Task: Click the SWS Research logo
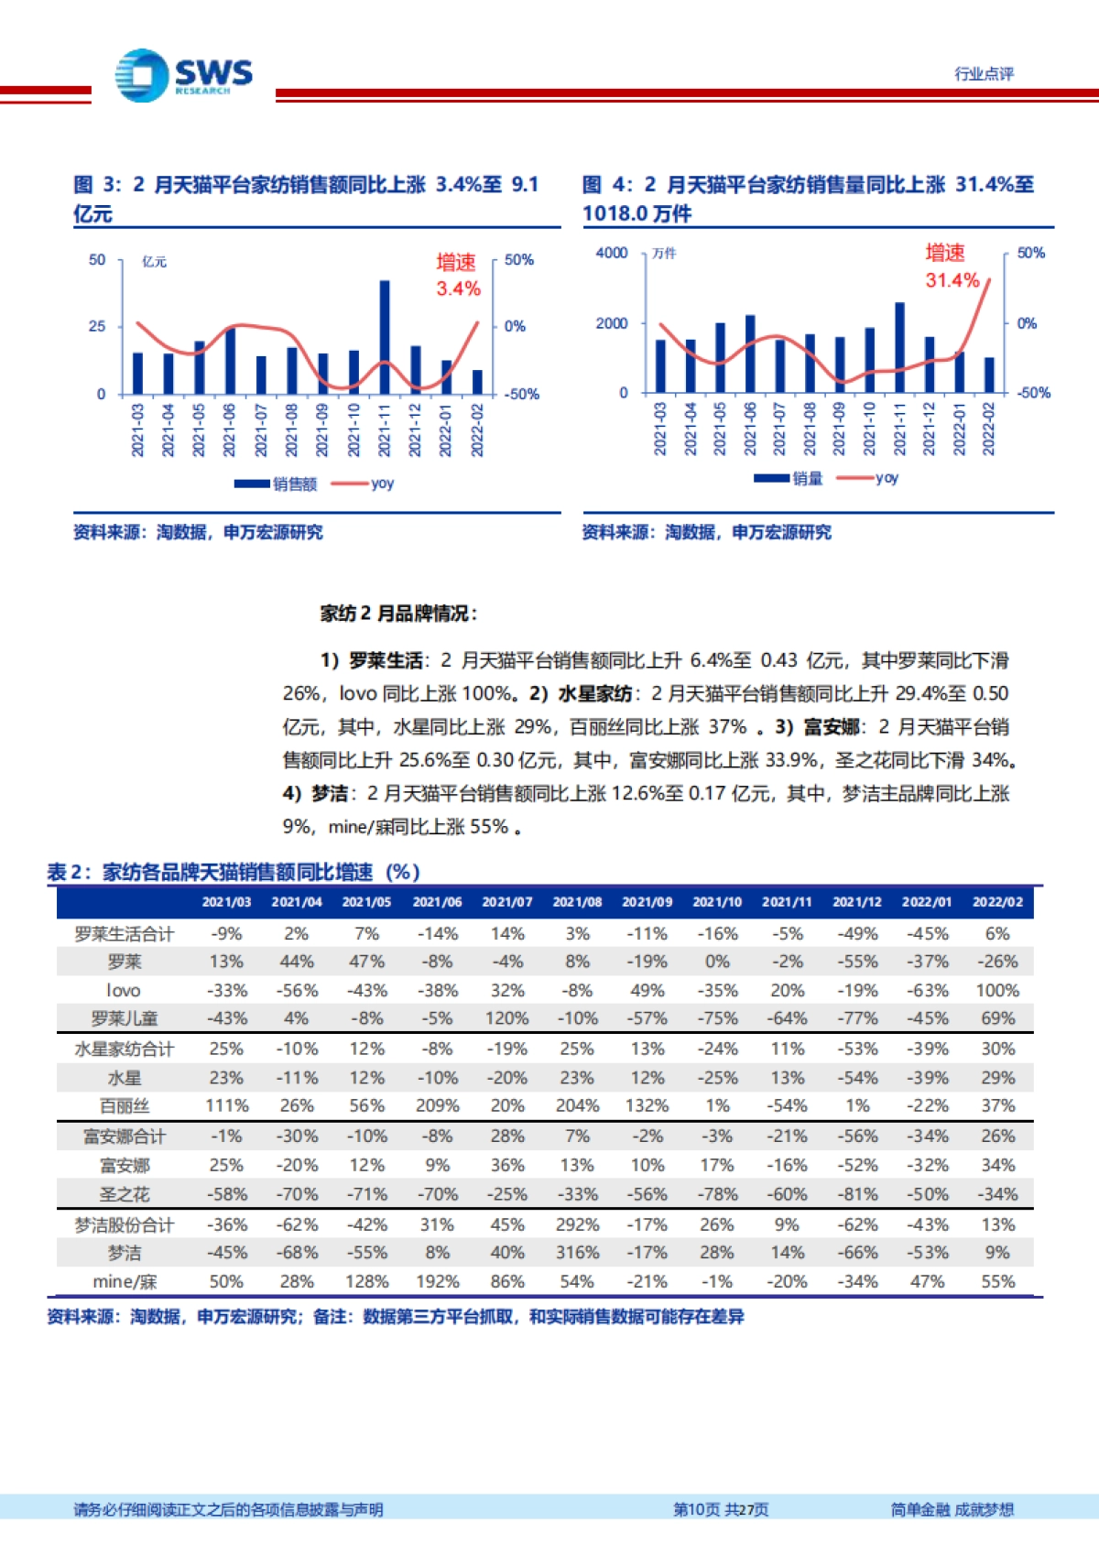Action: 184,75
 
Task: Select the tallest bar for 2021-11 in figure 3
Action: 385,336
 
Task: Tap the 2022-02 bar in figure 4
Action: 989,375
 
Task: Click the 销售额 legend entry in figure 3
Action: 276,484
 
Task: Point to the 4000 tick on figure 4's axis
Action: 612,253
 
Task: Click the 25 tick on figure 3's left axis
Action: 97,326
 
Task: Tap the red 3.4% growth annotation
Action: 458,288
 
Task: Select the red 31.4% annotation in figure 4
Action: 952,280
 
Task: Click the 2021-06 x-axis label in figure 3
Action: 229,430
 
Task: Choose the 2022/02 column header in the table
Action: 997,902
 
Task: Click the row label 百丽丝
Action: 124,1106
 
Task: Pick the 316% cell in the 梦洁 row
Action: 577,1253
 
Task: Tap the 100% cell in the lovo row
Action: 997,991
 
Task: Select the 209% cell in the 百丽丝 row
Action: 437,1106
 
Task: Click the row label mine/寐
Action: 124,1282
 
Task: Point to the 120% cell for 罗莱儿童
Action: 506,1018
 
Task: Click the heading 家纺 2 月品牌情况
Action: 398,614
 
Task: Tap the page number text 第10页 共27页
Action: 721,1510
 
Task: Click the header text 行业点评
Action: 984,74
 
